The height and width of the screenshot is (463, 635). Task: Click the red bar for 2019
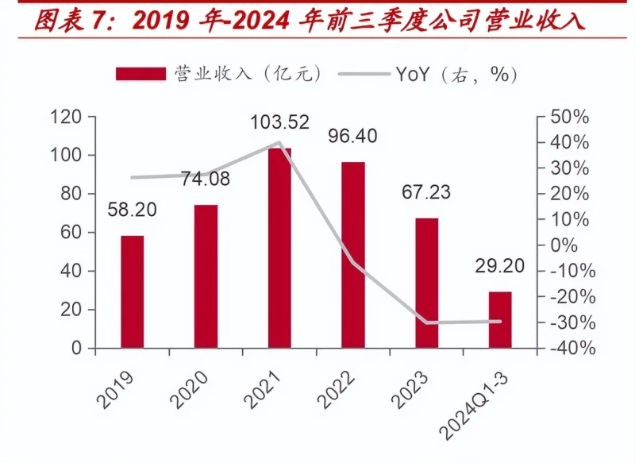point(133,291)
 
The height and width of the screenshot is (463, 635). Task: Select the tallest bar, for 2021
point(279,248)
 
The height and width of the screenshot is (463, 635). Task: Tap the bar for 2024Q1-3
point(500,319)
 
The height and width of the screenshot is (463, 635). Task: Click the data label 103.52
point(280,124)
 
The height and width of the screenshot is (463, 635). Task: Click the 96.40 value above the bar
point(352,137)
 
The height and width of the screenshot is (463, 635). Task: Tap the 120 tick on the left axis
point(66,118)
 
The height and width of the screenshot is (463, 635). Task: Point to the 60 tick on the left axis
point(71,233)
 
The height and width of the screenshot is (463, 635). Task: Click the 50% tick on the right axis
point(569,118)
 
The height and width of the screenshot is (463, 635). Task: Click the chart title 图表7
point(72,20)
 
